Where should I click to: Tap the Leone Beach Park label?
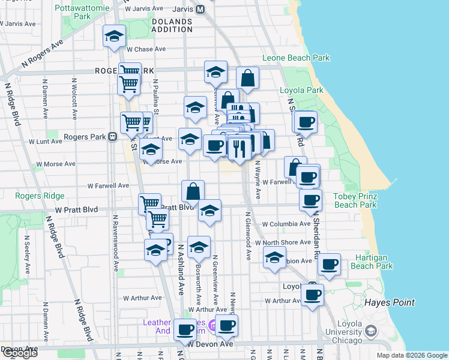click(x=296, y=58)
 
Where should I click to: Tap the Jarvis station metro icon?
click(x=200, y=10)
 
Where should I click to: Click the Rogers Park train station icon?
click(x=112, y=137)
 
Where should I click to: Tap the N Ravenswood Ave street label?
click(x=113, y=240)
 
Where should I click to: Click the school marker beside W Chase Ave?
click(x=113, y=37)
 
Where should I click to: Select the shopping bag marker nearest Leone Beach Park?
click(x=247, y=78)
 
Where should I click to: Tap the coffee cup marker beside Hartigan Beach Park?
click(x=329, y=264)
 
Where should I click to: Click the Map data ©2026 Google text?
click(x=411, y=355)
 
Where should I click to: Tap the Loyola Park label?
click(x=301, y=91)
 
